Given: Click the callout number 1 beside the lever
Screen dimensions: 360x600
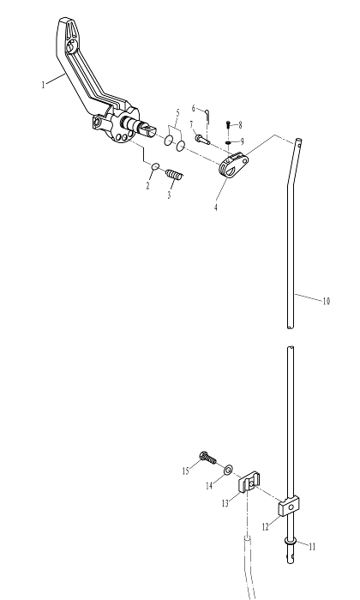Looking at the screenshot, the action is pyautogui.click(x=43, y=84).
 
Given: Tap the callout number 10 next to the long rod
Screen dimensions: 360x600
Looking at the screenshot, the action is pyautogui.click(x=326, y=301).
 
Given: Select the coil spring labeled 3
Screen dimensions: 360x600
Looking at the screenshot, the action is pyautogui.click(x=175, y=175).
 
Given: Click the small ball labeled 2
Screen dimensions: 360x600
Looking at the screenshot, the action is pyautogui.click(x=155, y=166).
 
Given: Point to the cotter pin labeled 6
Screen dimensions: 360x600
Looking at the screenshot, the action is pyautogui.click(x=207, y=115).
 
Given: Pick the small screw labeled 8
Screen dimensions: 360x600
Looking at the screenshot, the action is pyautogui.click(x=228, y=125).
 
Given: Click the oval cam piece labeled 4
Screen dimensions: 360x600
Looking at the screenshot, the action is pyautogui.click(x=232, y=165).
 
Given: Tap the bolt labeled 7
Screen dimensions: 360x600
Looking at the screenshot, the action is pyautogui.click(x=202, y=139).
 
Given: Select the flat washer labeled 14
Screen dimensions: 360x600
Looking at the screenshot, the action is pyautogui.click(x=228, y=469).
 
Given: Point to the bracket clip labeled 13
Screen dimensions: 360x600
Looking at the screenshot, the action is pyautogui.click(x=249, y=483).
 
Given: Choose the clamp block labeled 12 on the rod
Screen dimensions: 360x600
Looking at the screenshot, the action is pyautogui.click(x=289, y=507).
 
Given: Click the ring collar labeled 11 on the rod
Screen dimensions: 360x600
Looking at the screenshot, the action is pyautogui.click(x=291, y=541).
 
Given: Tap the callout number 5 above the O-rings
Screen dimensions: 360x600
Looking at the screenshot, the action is pyautogui.click(x=178, y=113).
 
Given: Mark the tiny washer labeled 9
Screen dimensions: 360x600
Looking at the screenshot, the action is pyautogui.click(x=228, y=143).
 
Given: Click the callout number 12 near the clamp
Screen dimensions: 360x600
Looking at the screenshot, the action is pyautogui.click(x=265, y=527).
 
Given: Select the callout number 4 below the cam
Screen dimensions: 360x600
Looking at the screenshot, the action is pyautogui.click(x=216, y=207).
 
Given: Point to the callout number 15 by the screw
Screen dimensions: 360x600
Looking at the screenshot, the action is pyautogui.click(x=185, y=471).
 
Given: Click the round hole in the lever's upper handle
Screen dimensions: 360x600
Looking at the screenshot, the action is pyautogui.click(x=71, y=47).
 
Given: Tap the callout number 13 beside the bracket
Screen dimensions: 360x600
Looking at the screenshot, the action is pyautogui.click(x=225, y=503).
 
